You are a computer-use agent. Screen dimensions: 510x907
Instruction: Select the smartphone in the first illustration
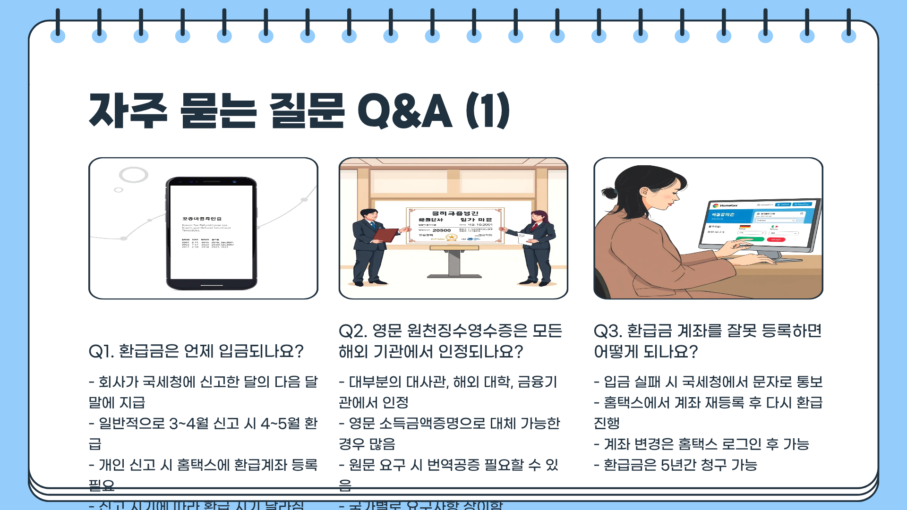[211, 233]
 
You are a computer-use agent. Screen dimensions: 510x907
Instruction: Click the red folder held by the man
[385, 235]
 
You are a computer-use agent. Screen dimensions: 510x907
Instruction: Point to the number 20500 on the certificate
[442, 230]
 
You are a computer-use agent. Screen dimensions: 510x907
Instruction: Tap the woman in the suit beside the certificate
[537, 248]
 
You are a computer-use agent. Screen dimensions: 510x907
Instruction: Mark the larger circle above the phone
[134, 175]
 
